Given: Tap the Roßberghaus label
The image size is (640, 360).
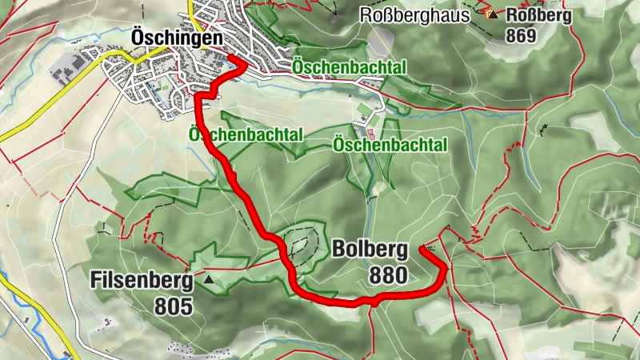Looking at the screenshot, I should pos(420,14).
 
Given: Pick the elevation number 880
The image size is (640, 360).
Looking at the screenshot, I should pos(388,277).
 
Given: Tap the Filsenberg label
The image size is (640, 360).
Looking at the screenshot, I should pos(141,281).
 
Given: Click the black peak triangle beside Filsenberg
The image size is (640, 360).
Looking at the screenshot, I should pos(210,280).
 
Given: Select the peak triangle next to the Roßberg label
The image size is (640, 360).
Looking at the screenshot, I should pos(494,14).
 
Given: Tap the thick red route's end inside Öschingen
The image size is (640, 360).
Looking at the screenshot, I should pos(230,58).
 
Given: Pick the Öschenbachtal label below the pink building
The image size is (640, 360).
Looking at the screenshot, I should pos(389,145).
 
